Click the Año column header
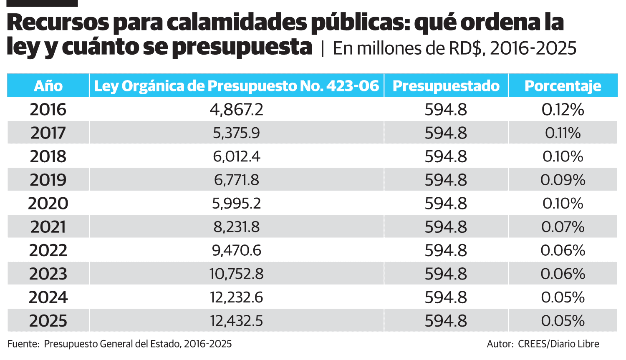[48, 86]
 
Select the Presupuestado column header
[446, 86]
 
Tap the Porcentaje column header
[563, 86]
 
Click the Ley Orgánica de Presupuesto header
[236, 86]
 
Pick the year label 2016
[48, 110]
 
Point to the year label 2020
[48, 204]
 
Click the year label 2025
[48, 321]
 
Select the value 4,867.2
[236, 110]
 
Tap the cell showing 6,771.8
[236, 180]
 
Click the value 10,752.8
[236, 274]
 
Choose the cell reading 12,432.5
[236, 321]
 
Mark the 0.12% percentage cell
[563, 110]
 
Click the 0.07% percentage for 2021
[563, 227]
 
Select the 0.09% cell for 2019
[563, 180]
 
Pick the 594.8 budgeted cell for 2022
[446, 251]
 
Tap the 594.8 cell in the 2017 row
[446, 133]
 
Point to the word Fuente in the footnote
[22, 344]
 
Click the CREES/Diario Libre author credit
[558, 344]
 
